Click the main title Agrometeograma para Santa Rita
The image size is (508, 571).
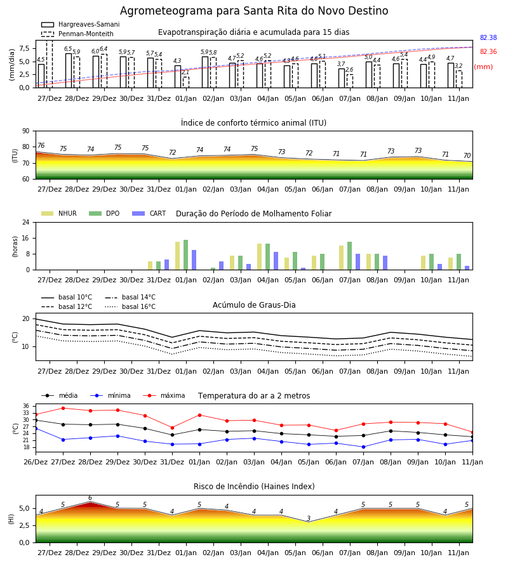[254, 11]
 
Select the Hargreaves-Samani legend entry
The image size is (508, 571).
[81, 24]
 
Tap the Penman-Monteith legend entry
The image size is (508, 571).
[77, 34]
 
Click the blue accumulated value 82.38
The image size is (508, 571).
[488, 37]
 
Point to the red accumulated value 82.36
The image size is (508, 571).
[488, 52]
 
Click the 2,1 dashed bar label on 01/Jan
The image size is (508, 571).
[185, 72]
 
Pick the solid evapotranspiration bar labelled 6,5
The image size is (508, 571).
[69, 70]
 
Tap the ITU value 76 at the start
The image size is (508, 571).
[41, 145]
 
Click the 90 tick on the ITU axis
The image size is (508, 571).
[26, 131]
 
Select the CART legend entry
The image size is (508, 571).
[149, 213]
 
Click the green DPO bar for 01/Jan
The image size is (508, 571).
[186, 255]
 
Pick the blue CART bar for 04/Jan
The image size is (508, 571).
[276, 261]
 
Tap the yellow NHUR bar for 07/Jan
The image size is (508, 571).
[342, 258]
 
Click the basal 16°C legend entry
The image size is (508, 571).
[130, 306]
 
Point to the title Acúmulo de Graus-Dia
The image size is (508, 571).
[254, 305]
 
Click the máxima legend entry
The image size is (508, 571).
[164, 395]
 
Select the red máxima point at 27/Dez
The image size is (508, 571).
[63, 408]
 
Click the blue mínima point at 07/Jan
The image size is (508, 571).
[363, 447]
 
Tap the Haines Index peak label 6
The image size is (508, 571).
[90, 498]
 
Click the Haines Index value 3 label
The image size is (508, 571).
[309, 518]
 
